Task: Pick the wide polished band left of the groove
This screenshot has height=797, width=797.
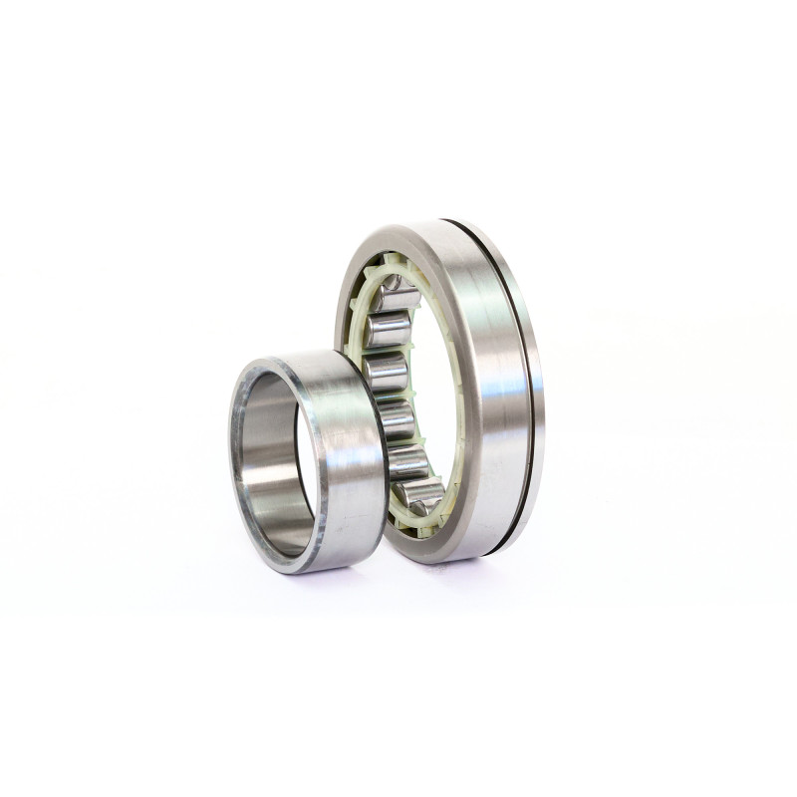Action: tap(488, 389)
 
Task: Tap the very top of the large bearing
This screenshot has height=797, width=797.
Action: tap(438, 221)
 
